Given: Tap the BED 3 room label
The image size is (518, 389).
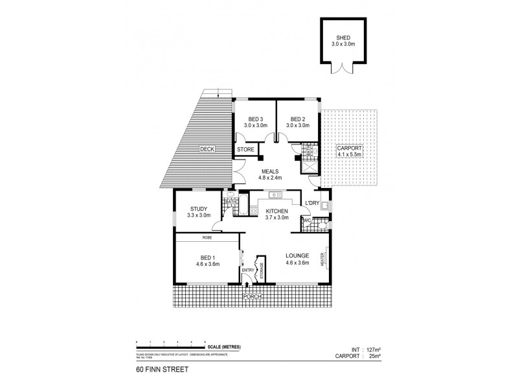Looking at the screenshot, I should tap(256, 119).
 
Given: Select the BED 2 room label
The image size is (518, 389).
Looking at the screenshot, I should tap(297, 119).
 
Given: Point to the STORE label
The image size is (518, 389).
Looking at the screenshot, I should tap(245, 150).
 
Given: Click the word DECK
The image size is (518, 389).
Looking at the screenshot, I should tap(207, 149).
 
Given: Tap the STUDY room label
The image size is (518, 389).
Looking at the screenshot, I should tap(199, 209).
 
